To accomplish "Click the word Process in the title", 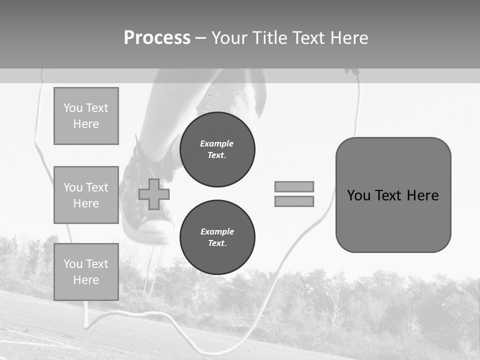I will point(157,38).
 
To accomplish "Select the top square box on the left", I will point(86,116).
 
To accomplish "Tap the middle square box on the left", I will point(86,195).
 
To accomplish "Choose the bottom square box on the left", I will point(86,272).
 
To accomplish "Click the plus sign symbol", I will point(154,194).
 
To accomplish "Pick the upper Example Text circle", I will point(217,149).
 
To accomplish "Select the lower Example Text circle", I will point(217,237).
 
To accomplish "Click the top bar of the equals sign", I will point(294,186).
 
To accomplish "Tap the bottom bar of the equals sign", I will point(294,201).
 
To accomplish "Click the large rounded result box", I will point(393,220).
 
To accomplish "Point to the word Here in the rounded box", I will point(422,195).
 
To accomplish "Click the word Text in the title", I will point(314,38).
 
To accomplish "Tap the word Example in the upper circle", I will point(217,144).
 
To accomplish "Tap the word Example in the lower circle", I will point(217,232).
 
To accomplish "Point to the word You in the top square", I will point(73,108).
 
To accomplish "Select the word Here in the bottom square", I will point(86,280).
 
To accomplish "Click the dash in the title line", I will point(200,38).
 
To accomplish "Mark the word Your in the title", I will point(229,38).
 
